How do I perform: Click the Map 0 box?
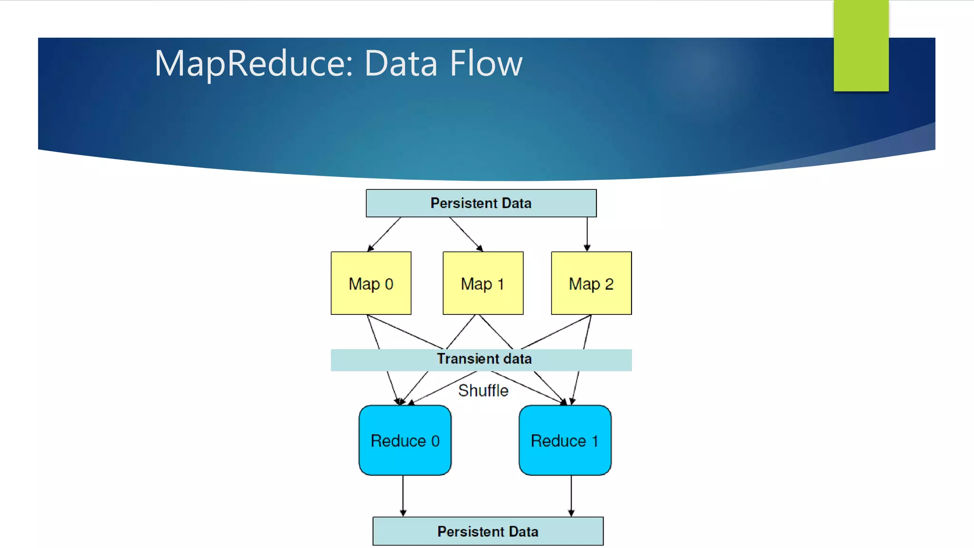pos(371,283)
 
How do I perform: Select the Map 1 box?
pos(483,283)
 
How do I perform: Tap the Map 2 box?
pos(591,283)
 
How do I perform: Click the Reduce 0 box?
pos(405,440)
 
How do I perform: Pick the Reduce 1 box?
pos(565,440)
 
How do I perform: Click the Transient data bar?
pos(481,360)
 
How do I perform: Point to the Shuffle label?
pos(483,391)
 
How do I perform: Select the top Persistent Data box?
pos(481,203)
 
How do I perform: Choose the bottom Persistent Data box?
pos(488,531)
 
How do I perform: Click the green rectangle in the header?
pos(861,45)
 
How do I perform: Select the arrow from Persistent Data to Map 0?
pos(384,234)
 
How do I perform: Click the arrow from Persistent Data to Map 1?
pos(466,234)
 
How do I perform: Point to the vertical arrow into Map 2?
pos(587,234)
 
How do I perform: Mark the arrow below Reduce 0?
pos(403,496)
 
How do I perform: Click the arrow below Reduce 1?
pos(571,496)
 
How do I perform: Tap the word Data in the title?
pos(400,64)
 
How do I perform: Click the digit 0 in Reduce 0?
pos(435,441)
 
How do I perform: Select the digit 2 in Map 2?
pos(609,284)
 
